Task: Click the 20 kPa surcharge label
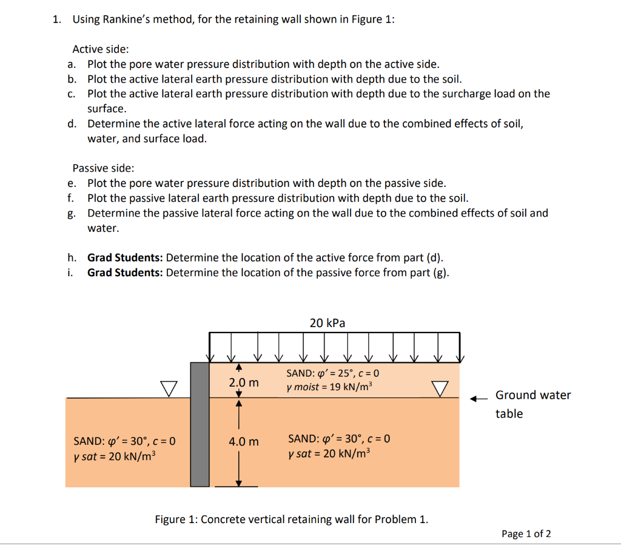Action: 327,323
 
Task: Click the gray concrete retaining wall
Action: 200,424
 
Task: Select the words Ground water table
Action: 532,404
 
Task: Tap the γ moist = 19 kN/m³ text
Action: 329,387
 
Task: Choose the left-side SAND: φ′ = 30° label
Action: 124,441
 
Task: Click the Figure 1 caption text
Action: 291,519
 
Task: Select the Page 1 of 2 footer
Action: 526,534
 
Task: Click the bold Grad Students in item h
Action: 125,257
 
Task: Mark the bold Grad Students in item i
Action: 125,272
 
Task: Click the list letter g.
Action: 72,214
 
